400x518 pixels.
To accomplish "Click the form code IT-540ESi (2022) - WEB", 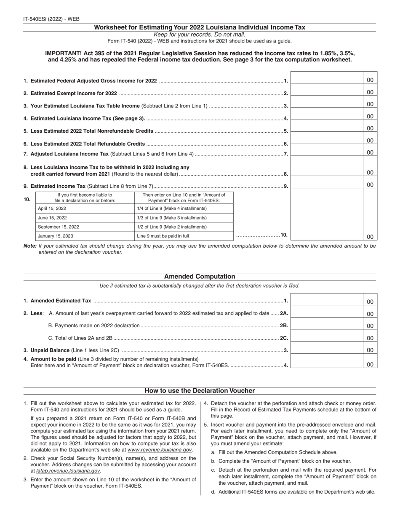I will tap(51, 19).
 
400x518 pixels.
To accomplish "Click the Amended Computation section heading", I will tap(200, 277).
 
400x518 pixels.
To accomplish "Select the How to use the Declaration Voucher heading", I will tap(200, 390).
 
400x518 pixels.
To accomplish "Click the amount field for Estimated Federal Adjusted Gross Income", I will tap(327, 80).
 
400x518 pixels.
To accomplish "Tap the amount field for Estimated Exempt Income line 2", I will tap(327, 92).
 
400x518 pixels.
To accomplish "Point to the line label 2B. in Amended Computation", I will tap(284, 326).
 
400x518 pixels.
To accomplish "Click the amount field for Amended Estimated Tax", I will tap(327, 301).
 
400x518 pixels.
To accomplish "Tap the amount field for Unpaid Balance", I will tap(327, 350).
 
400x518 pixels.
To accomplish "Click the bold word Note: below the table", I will tap(30, 246).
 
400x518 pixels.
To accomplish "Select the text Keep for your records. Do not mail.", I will tap(200, 35).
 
